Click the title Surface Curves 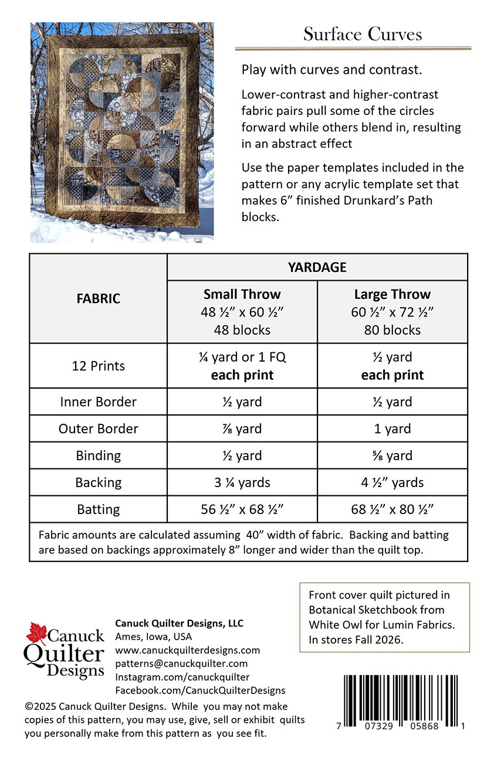click(x=362, y=34)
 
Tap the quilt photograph click(x=122, y=132)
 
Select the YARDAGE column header click(x=317, y=267)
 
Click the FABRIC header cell click(x=99, y=298)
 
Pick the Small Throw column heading click(x=242, y=294)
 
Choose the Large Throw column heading click(x=392, y=294)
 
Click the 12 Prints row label click(x=99, y=366)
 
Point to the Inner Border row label click(x=99, y=402)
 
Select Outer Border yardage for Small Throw click(x=242, y=428)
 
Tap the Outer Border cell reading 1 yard click(x=392, y=428)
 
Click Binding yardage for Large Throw click(x=392, y=455)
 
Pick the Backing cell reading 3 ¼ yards click(x=242, y=482)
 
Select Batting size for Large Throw click(x=392, y=509)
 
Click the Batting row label click(x=99, y=509)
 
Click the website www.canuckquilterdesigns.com click(x=187, y=650)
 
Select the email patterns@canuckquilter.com click(x=181, y=664)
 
